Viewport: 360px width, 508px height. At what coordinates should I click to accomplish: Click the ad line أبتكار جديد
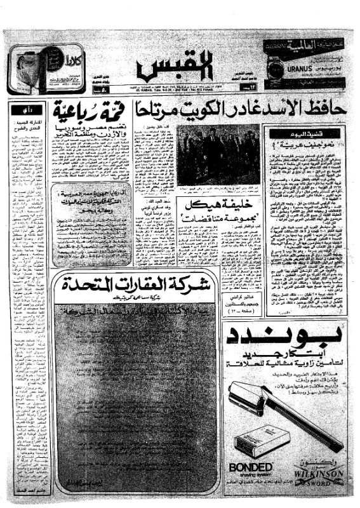[x=284, y=354]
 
